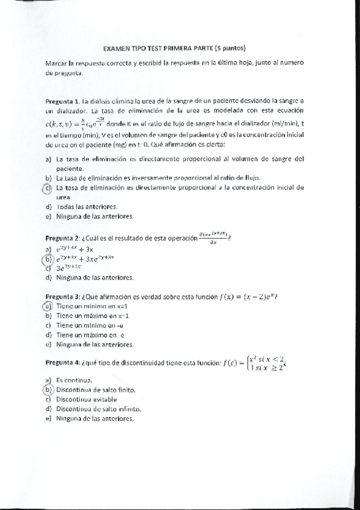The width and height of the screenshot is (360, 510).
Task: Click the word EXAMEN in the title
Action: pyautogui.click(x=115, y=48)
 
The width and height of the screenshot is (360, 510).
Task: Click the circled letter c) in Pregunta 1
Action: pyautogui.click(x=48, y=188)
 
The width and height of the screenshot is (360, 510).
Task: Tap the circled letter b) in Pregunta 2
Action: pyautogui.click(x=49, y=260)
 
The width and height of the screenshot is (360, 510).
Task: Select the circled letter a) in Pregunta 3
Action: pyautogui.click(x=49, y=306)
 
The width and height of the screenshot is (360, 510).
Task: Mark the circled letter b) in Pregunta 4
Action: pyautogui.click(x=49, y=390)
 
